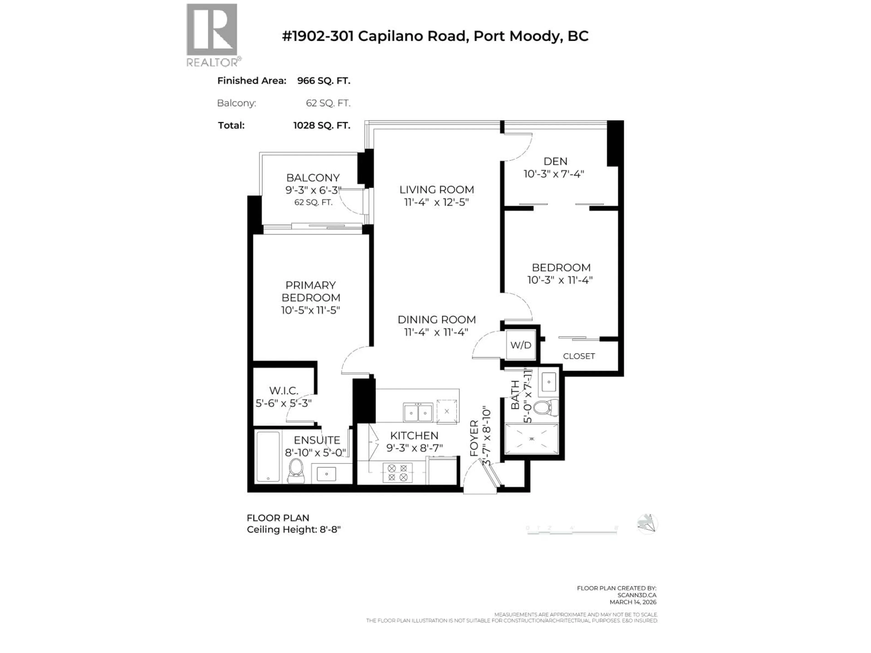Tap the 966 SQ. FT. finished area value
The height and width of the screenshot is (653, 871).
(323, 81)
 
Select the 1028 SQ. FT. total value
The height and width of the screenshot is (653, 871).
(321, 126)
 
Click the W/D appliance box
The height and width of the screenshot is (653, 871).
(521, 345)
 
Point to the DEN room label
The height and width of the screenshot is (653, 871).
(555, 161)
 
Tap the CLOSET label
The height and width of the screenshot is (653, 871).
(578, 356)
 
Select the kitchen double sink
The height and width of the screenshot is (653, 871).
(418, 412)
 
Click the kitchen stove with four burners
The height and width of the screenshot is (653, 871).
(397, 473)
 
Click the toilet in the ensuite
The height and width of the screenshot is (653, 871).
(296, 470)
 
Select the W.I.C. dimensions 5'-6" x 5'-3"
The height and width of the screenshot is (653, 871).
(284, 403)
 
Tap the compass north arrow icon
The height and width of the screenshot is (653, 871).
(647, 524)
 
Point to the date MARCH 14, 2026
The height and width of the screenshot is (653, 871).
(633, 602)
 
